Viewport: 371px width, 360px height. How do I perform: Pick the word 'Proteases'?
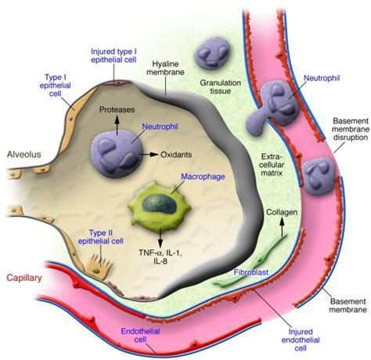click(117, 110)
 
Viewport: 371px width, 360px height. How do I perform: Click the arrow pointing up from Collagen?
click(279, 229)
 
